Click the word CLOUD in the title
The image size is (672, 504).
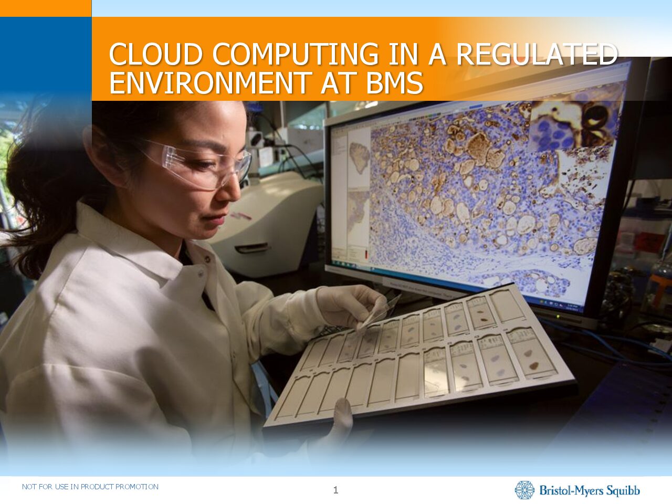click(156, 54)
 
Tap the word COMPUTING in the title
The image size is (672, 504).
click(296, 54)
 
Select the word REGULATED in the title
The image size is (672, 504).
click(537, 54)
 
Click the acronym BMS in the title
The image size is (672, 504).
click(395, 82)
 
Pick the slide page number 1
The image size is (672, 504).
click(335, 490)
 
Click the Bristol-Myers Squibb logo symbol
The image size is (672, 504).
click(524, 490)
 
